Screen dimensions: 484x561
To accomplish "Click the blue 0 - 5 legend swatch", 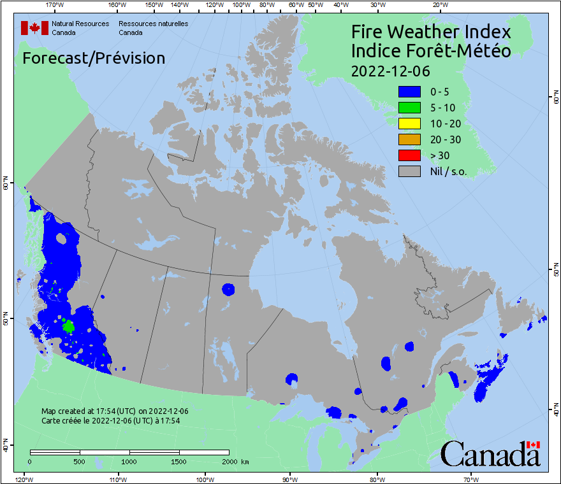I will pos(409,92).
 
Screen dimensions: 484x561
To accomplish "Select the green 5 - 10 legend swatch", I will pos(409,108).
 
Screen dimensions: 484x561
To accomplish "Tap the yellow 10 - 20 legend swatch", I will pos(409,124).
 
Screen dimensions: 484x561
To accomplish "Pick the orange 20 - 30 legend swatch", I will pos(409,139).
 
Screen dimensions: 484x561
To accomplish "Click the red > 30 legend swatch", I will pos(409,155).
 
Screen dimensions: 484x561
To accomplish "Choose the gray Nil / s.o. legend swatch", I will pos(409,171).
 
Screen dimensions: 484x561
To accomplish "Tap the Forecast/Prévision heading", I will pos(94,58).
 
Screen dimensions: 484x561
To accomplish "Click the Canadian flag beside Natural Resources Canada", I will pos(34,27).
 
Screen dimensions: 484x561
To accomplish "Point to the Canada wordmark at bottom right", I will pos(490,453).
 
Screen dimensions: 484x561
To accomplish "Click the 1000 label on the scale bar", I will pos(129,461).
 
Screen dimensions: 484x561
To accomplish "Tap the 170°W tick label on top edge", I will pos(55,5).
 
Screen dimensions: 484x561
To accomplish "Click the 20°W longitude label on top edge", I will pos(439,5).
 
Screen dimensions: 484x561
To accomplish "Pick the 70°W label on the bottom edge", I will pos(471,479).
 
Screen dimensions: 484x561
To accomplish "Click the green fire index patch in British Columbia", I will pos(68,326).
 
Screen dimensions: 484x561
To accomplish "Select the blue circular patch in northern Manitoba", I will pos(228,289).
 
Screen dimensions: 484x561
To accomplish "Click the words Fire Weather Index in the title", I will pos(431,32).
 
